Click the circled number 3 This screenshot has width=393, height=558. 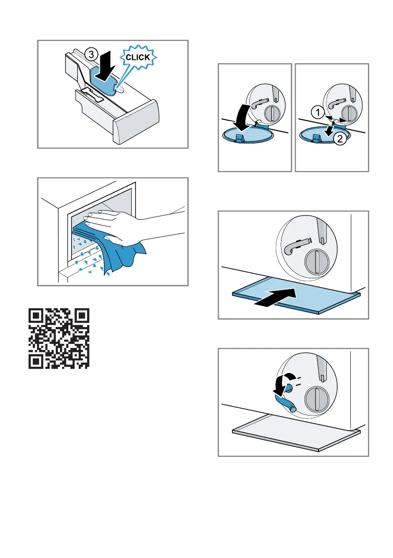(91, 54)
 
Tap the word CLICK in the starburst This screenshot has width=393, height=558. (138, 58)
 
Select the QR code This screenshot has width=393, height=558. (59, 338)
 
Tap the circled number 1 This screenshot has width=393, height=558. (318, 113)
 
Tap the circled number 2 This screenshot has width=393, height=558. (340, 138)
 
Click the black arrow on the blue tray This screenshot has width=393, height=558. (276, 297)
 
